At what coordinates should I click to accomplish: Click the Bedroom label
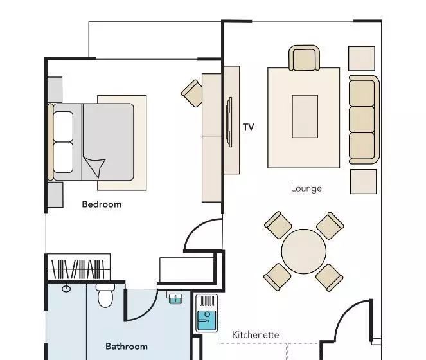coord(102,204)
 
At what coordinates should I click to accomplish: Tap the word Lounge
coord(306,188)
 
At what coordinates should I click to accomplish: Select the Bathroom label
coord(127,346)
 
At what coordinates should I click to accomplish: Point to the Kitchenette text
coord(255,334)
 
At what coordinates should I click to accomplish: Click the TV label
coord(248,127)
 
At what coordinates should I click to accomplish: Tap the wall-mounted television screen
coord(229,122)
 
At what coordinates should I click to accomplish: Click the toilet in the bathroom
coord(105,295)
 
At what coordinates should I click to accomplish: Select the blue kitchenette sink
coord(206,320)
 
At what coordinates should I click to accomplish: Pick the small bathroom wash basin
coord(175,298)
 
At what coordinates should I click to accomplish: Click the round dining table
coord(303,251)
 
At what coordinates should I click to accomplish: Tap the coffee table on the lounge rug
coord(305,116)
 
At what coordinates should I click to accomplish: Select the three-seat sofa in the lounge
coord(364,120)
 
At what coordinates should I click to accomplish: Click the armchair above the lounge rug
coord(304,58)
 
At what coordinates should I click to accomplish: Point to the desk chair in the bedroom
coord(192,93)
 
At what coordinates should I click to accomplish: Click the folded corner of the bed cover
coord(94,166)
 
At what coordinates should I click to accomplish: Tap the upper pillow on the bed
coord(63,126)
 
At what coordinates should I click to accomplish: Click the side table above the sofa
coord(362,59)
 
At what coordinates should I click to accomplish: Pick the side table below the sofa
coord(364,182)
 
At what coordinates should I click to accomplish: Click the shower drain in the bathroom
coord(66,289)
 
